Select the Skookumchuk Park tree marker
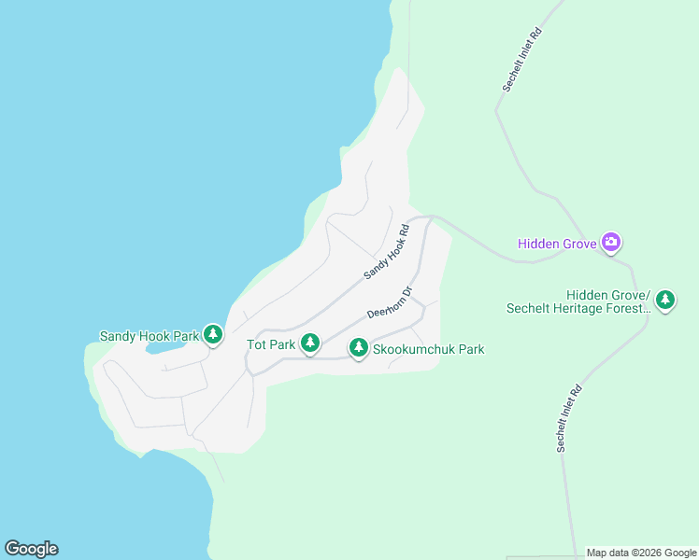point(358,348)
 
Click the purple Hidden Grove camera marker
point(611,243)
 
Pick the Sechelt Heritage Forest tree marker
point(664,300)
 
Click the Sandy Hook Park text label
point(150,335)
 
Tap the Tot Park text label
point(271,344)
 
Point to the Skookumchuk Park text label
point(428,349)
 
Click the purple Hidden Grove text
point(557,245)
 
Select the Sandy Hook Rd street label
point(387,252)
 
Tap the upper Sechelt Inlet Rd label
point(522,59)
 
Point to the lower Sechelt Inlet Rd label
point(569,418)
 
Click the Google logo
point(31,549)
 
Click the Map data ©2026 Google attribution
point(641,553)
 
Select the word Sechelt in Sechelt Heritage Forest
point(529,308)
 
